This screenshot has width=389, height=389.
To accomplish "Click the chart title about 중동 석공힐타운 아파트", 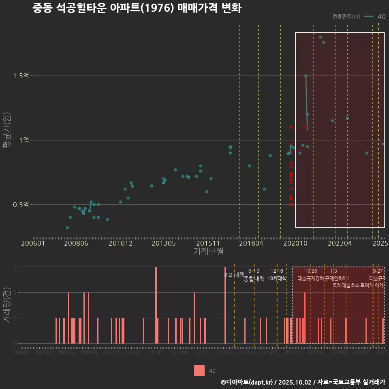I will (137, 8).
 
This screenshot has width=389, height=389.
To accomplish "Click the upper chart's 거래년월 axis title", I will (208, 252).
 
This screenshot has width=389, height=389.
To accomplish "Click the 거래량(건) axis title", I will (6, 305).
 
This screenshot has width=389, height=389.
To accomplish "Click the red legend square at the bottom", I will (199, 370).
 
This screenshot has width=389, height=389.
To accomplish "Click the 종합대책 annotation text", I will (254, 279).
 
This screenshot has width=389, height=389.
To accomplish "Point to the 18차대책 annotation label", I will (277, 278).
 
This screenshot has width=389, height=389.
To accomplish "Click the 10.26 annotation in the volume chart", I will (311, 271).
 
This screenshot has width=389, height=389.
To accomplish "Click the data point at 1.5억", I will (306, 76).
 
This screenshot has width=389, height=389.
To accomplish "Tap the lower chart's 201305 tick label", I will (156, 353).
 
